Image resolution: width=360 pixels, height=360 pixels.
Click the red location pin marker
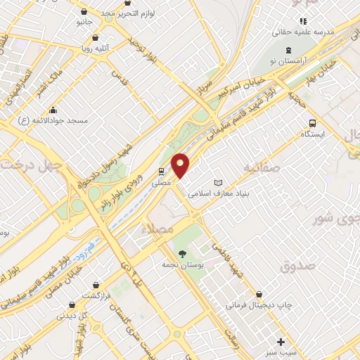[x=181, y=165]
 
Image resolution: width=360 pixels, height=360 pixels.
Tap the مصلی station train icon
[x=161, y=171]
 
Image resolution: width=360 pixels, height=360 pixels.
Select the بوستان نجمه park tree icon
[x=183, y=254]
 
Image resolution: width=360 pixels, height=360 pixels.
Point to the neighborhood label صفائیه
[x=262, y=167]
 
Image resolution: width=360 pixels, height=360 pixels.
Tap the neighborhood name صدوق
[x=295, y=266]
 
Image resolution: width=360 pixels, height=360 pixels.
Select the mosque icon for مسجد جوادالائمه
[x=53, y=110]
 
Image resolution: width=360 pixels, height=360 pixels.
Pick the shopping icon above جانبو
[x=84, y=11]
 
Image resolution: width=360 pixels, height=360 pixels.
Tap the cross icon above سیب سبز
[x=281, y=340]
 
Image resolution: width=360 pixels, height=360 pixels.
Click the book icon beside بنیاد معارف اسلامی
[x=218, y=182]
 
